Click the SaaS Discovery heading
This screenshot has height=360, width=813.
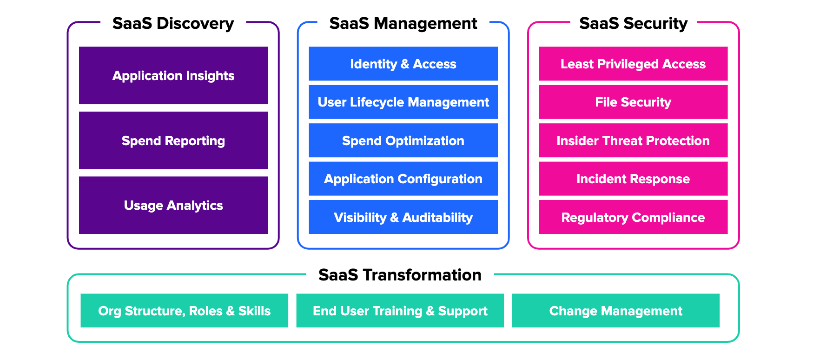[173, 23]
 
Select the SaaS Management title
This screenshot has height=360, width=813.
[403, 23]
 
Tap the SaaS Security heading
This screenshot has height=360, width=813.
[633, 23]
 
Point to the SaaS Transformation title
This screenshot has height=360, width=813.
[400, 275]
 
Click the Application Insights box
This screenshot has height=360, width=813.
[173, 75]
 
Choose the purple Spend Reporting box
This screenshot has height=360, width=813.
[173, 140]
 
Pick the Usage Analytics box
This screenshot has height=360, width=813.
[173, 205]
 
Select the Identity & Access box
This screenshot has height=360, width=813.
[403, 64]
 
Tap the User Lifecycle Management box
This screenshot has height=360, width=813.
[403, 102]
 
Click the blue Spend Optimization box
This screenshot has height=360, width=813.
[403, 140]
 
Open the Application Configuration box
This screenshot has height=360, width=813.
[403, 179]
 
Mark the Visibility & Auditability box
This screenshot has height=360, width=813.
[403, 217]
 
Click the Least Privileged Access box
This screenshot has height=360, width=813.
[633, 64]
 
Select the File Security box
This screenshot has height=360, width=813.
[633, 102]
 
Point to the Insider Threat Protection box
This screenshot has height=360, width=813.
[633, 140]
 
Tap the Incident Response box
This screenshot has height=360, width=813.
[633, 179]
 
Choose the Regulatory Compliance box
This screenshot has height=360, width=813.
[633, 217]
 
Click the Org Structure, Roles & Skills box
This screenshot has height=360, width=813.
[184, 311]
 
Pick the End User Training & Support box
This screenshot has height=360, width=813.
[400, 311]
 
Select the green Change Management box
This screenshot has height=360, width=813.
[615, 311]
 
